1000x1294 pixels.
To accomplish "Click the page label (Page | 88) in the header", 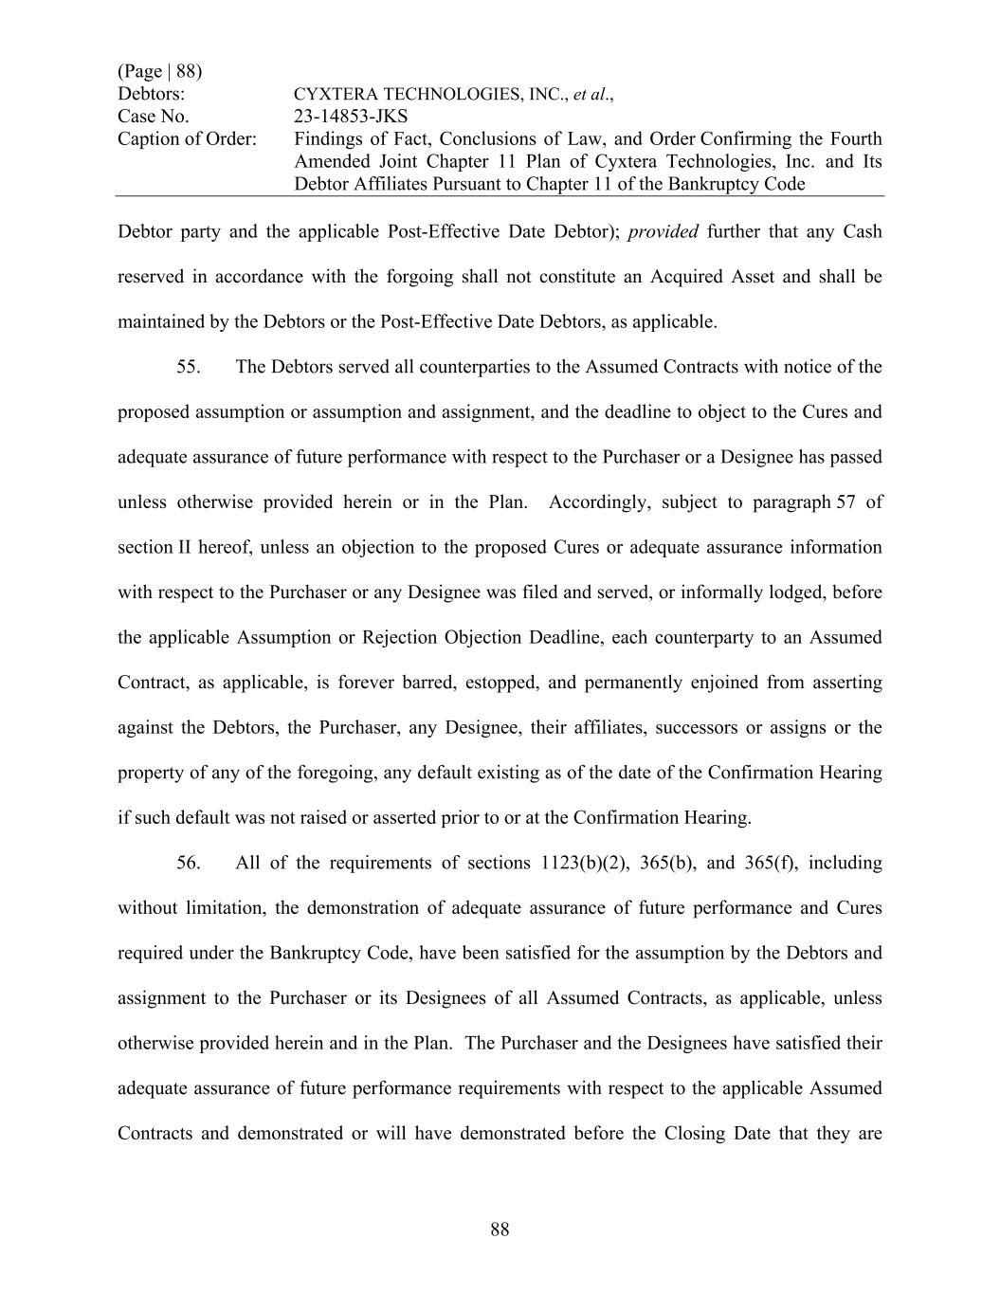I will [159, 71].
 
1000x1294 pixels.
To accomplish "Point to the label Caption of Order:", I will [187, 139].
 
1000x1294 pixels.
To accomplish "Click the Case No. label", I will [153, 117].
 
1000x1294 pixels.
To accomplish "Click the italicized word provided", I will [663, 232].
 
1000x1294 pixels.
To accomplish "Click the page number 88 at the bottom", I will [500, 1230].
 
